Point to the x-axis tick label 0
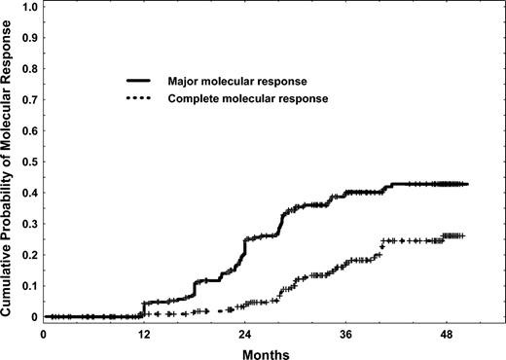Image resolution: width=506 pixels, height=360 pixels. (x=44, y=333)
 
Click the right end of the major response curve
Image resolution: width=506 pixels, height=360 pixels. (x=468, y=184)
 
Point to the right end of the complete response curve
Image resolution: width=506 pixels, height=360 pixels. (x=464, y=235)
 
